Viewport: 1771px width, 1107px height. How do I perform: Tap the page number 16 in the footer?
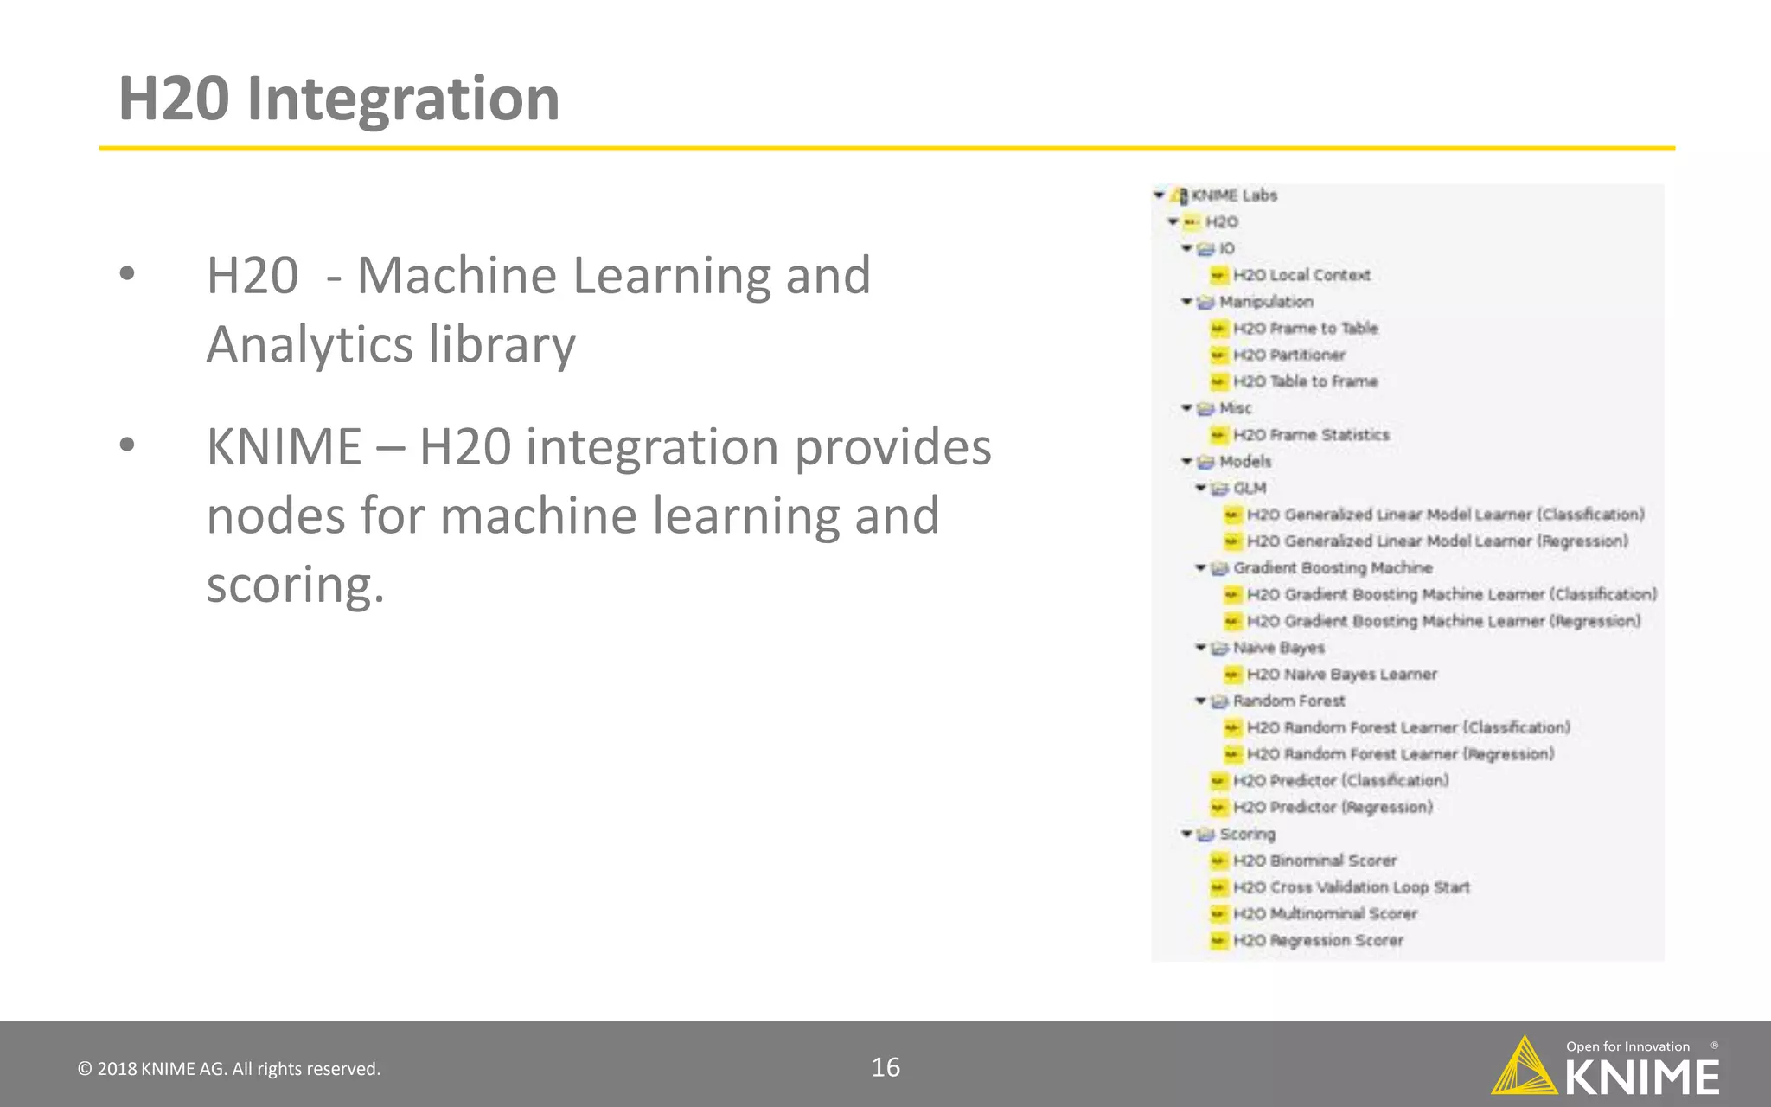[885, 1067]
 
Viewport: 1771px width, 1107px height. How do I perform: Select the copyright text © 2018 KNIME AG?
[229, 1069]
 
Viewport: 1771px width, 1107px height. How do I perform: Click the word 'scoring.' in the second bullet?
[295, 585]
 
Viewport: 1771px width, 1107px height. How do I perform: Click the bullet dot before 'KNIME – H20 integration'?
[127, 445]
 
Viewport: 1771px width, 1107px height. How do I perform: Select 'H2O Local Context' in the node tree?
[1301, 275]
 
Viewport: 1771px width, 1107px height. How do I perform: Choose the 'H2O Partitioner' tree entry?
[1288, 355]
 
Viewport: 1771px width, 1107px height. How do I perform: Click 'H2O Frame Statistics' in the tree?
[1311, 434]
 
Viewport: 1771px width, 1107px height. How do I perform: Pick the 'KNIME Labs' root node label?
[1234, 195]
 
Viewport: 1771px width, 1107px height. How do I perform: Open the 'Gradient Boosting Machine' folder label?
[1333, 567]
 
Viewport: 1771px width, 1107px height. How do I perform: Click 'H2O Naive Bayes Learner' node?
[1341, 674]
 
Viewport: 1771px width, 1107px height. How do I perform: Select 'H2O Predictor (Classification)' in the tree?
[1340, 780]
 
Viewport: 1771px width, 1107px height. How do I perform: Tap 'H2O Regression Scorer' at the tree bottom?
[1318, 940]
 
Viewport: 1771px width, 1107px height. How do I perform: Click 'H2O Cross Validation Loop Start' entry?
[1351, 886]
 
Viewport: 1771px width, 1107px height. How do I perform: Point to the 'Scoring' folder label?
[1247, 834]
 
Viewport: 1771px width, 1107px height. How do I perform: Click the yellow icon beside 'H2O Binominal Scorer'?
[1218, 861]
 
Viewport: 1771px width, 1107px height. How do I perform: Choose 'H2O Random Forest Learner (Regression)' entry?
[1400, 754]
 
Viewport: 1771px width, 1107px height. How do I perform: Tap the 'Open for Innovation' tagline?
[1627, 1046]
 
